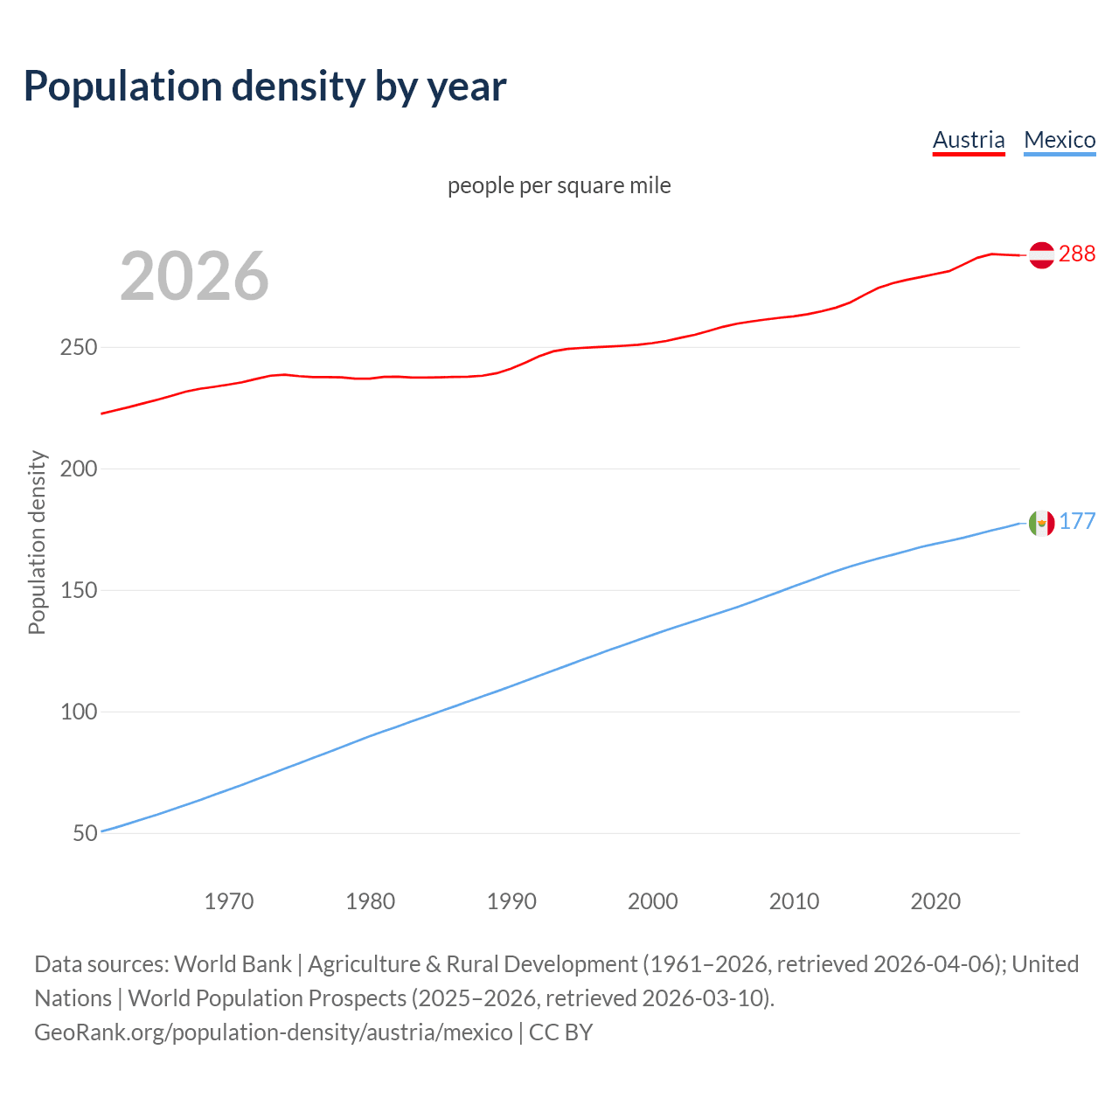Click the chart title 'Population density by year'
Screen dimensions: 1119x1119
coord(265,86)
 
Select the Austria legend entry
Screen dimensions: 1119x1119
coord(969,140)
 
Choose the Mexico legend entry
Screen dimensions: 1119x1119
coord(1060,140)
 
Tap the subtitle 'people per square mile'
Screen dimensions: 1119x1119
coord(559,185)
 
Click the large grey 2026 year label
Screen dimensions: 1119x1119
coord(194,276)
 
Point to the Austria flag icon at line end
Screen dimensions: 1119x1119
coord(1041,254)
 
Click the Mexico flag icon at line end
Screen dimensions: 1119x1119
coord(1041,523)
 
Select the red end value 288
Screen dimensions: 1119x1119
coord(1077,254)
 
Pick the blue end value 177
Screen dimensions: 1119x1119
coord(1077,522)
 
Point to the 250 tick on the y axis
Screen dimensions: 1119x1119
coord(79,348)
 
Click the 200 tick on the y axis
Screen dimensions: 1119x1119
coord(79,469)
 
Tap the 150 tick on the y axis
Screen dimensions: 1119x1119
coord(79,591)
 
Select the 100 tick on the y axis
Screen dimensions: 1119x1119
coord(79,712)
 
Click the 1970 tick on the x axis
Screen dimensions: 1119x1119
coord(229,901)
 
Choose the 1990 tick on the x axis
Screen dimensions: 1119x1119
coord(511,901)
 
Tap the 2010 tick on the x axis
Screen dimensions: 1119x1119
coord(794,901)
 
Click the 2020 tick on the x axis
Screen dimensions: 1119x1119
coord(935,901)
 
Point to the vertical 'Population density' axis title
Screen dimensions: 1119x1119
coord(37,542)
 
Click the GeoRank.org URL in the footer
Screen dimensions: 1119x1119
coord(274,1032)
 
